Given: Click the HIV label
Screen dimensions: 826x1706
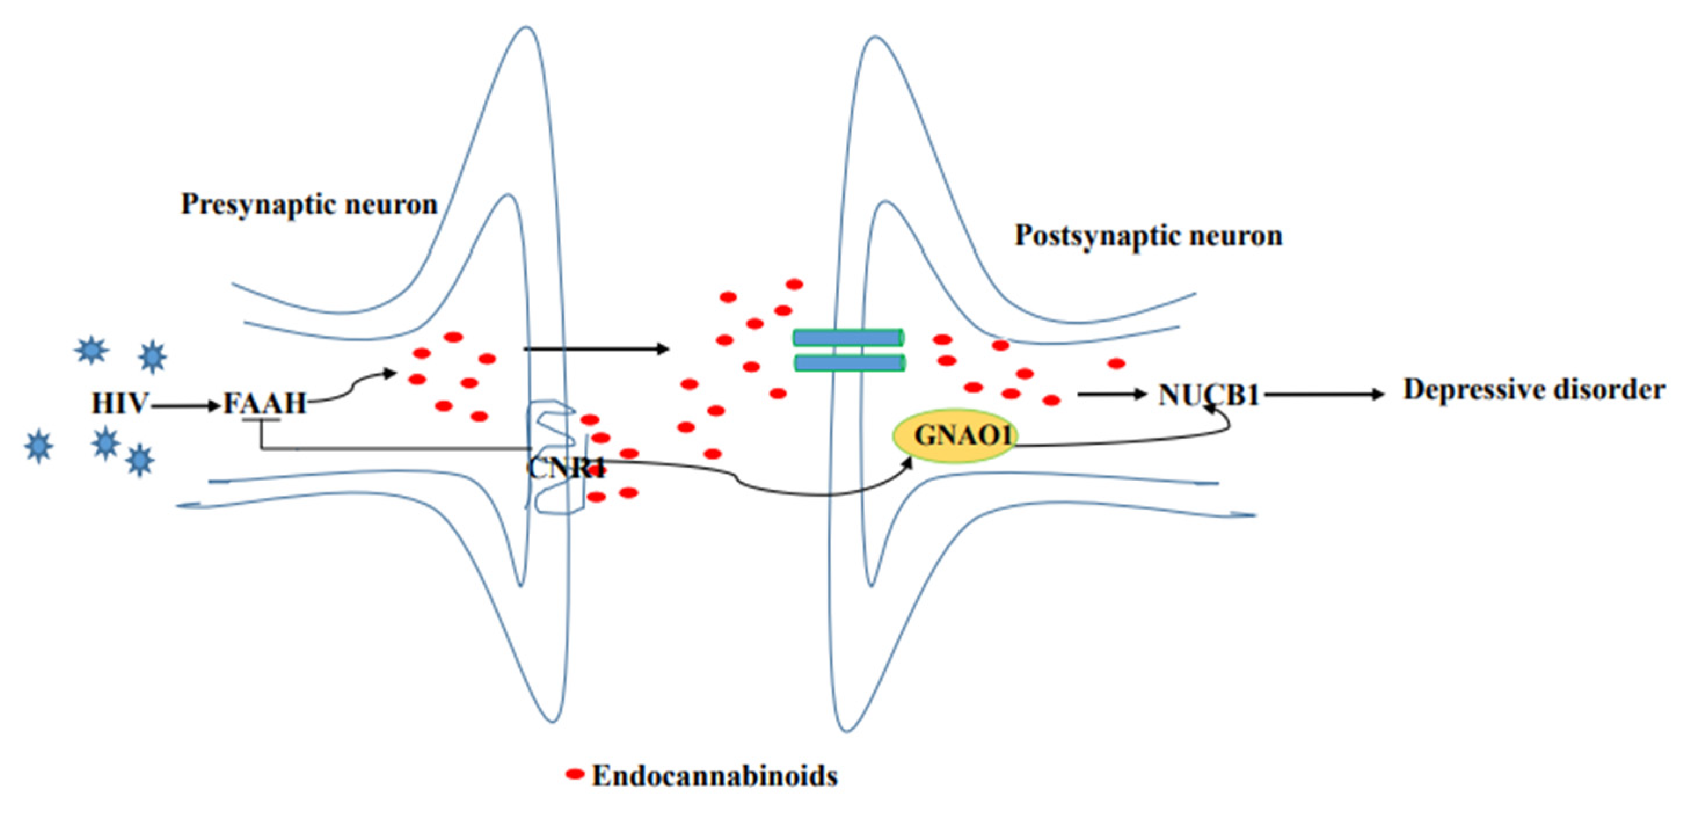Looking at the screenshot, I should pos(119,403).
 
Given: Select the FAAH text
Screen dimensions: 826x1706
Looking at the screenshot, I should pos(264,403).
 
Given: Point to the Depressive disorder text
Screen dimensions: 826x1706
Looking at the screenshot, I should pos(1534,390).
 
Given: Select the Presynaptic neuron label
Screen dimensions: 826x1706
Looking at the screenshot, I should pos(309,205).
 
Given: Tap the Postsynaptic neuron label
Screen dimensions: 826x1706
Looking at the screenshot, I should pos(1149,236).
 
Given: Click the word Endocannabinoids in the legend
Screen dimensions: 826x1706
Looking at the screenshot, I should pos(714,776).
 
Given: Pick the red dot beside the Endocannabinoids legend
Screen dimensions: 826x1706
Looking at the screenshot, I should pos(574,773).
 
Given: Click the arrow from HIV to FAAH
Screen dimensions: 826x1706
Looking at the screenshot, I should pos(185,405).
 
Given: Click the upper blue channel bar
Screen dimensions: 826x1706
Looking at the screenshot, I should pos(848,338).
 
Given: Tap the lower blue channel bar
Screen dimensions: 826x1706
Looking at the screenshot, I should pos(848,362).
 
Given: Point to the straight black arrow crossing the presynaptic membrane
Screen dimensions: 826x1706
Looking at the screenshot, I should pos(596,348).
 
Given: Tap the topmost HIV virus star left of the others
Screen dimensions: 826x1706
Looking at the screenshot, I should pos(91,349).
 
